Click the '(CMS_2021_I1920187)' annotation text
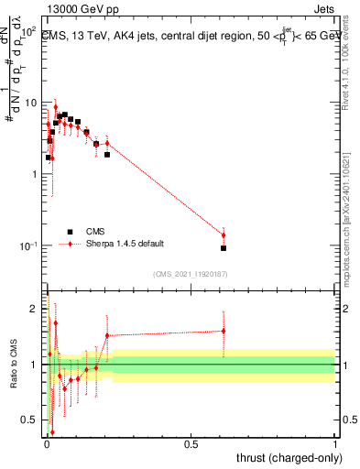click(191, 273)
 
